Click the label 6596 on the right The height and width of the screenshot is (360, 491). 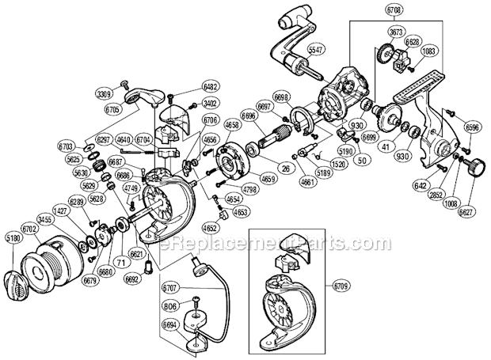[x=472, y=126]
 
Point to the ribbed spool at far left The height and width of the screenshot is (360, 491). [x=51, y=257]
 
